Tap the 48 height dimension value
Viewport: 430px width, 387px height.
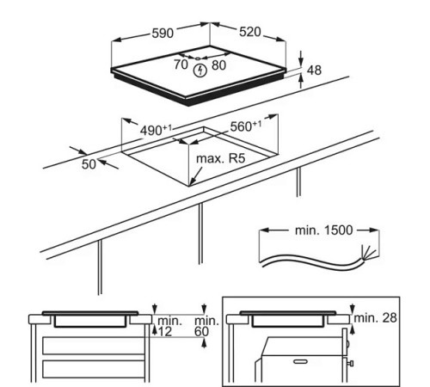(314, 71)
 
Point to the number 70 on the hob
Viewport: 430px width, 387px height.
(181, 64)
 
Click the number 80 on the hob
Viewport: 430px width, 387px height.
(218, 64)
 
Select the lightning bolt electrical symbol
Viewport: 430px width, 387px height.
(200, 68)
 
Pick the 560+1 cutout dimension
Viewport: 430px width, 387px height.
(246, 126)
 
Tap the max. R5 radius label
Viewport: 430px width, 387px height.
(221, 160)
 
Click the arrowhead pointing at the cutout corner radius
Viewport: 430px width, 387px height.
(195, 181)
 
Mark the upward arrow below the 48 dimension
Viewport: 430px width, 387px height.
(302, 82)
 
